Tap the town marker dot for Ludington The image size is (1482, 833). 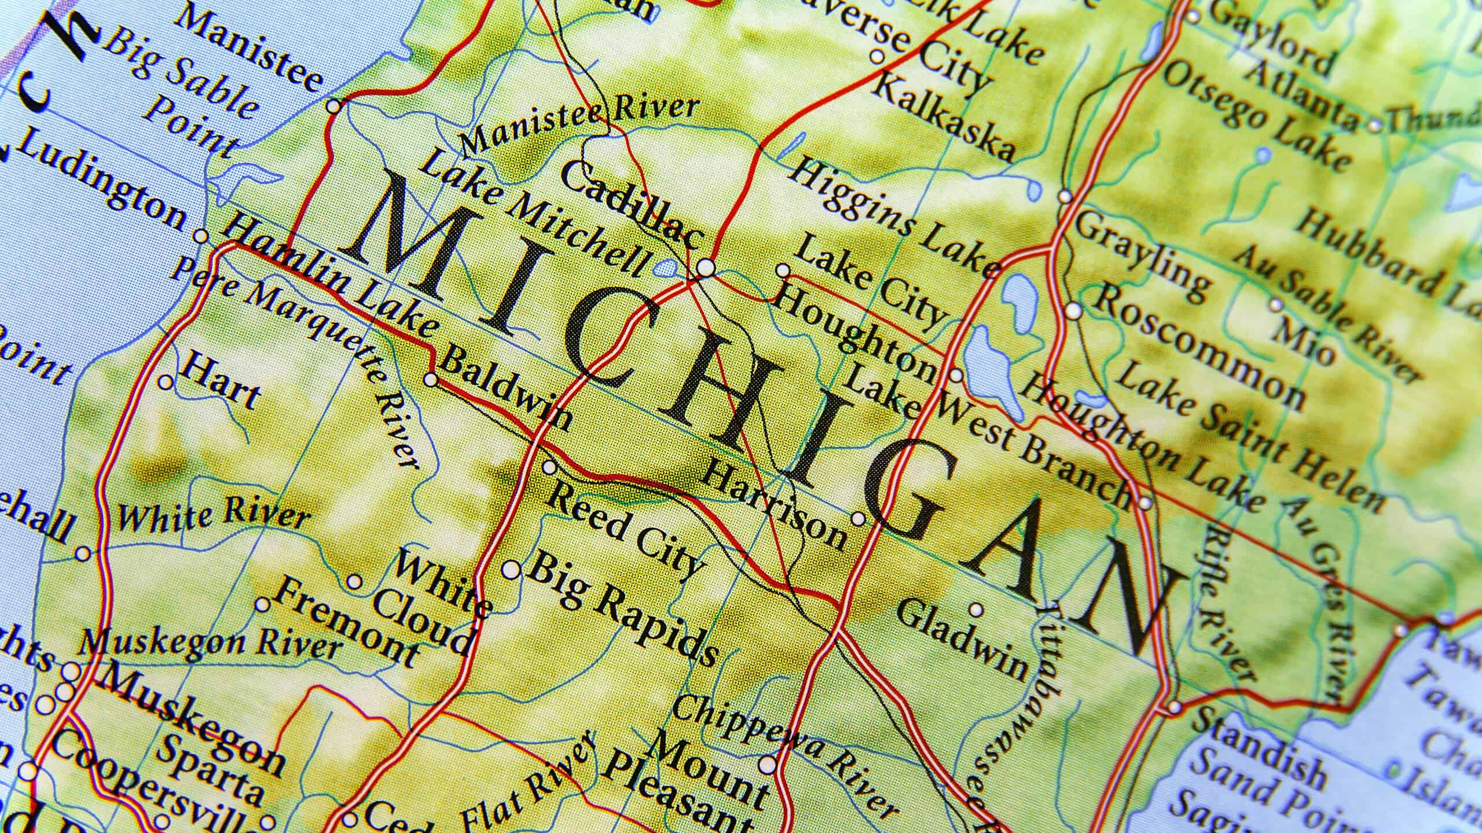[x=201, y=236]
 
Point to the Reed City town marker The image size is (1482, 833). [x=549, y=467]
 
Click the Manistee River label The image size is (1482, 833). [x=579, y=133]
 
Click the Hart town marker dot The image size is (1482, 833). [x=166, y=382]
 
